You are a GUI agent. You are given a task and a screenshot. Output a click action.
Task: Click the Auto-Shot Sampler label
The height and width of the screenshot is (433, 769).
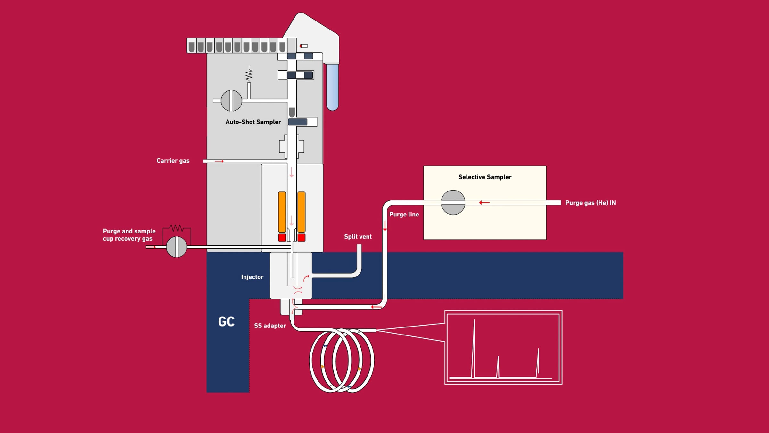pos(253,122)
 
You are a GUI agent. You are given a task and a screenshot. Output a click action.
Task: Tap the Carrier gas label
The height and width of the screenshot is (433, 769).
pos(173,161)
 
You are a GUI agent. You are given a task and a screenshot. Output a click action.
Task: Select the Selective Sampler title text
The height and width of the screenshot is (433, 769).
pos(485,177)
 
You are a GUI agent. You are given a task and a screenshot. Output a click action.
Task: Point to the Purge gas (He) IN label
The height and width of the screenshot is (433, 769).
pos(591,203)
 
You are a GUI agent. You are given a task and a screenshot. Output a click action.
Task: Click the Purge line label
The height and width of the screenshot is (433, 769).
pos(404,214)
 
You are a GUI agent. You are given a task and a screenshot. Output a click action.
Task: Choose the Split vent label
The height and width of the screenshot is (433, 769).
pos(358,237)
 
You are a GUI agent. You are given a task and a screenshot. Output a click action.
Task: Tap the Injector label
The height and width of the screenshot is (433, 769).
pos(252,277)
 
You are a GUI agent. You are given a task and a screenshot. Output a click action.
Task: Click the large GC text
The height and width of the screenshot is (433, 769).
pos(226,322)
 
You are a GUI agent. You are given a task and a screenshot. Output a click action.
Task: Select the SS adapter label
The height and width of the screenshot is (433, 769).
pos(270,326)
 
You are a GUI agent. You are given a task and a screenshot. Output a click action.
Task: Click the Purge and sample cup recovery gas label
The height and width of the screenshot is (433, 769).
pos(129,235)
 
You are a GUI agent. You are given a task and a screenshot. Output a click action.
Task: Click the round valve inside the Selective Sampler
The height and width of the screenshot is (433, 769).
pos(453,202)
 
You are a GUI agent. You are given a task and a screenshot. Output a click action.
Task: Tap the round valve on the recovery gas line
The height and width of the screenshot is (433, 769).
pos(177,247)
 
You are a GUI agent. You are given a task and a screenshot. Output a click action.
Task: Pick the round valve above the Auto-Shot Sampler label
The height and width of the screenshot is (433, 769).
pos(231,101)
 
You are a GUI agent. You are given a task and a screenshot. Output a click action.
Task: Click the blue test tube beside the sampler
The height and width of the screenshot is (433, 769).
pos(333,87)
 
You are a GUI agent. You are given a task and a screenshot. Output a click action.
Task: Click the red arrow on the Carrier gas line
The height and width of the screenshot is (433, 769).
pos(219,161)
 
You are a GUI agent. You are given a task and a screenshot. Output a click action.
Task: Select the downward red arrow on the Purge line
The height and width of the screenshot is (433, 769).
pos(385,226)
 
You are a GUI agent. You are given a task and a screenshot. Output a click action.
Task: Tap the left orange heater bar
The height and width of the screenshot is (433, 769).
pos(282,212)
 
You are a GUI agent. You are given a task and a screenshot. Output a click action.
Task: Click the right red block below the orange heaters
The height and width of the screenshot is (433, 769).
pos(301,238)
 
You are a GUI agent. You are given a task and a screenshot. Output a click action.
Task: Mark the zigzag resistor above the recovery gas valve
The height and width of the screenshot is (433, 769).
pos(177,228)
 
